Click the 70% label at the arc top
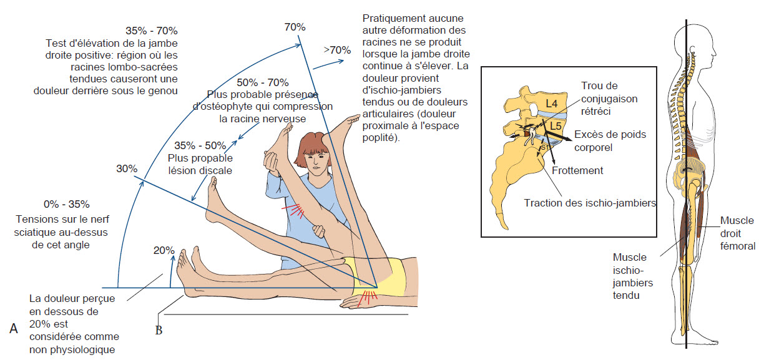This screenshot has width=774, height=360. tap(295, 27)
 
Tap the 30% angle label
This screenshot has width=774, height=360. tap(126, 168)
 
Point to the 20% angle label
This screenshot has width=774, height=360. tap(164, 250)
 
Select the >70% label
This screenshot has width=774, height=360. tap(336, 50)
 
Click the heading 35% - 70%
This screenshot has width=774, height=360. tap(151, 31)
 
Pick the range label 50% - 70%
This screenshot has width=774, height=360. tap(263, 82)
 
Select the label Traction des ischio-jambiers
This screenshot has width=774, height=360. tap(590, 203)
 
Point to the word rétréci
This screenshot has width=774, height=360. tap(596, 110)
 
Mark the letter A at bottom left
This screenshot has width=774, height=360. tap(14, 328)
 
